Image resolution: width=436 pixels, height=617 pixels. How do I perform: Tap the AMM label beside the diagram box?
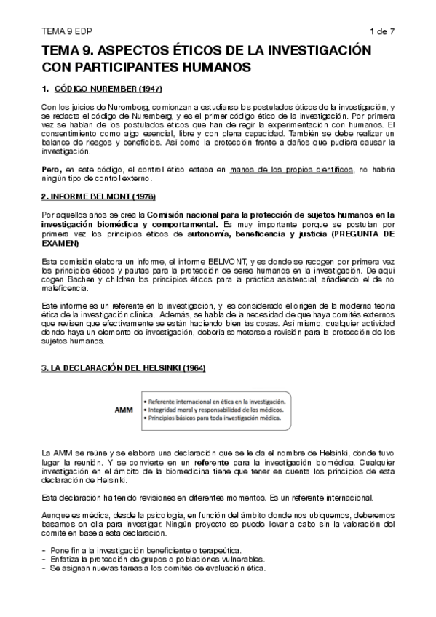pos(124,410)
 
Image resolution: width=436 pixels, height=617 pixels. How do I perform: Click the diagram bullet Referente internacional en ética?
pos(218,400)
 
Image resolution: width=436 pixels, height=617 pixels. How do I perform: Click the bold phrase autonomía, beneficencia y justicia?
pos(237,236)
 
